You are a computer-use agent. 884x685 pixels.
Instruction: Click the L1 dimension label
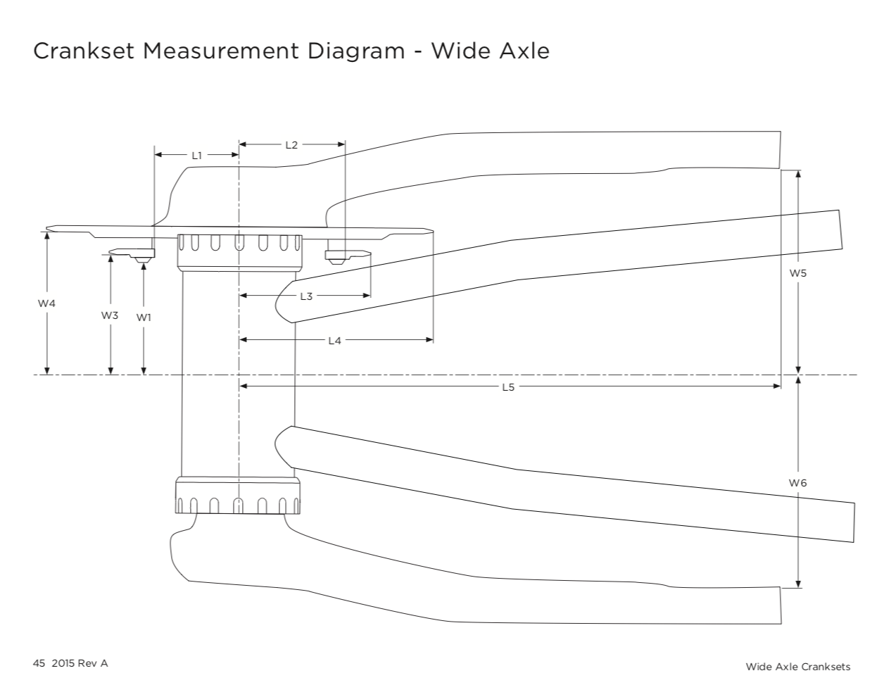[197, 155]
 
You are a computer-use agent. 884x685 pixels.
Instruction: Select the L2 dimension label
[291, 144]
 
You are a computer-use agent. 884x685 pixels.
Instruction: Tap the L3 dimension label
[306, 296]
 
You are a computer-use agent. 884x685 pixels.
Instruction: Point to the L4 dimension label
[334, 341]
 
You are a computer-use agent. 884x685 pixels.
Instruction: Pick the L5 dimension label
[508, 387]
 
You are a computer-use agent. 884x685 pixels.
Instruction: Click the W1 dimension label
[144, 318]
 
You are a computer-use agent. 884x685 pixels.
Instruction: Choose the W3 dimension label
[109, 315]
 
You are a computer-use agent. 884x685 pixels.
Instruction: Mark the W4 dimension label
[46, 303]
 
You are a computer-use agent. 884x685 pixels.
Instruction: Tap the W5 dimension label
[797, 272]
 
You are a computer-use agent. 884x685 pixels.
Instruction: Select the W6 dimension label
[797, 482]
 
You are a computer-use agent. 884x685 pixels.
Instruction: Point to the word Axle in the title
[523, 51]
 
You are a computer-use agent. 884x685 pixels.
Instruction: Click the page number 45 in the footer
[39, 663]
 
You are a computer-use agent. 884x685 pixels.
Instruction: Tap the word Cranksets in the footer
[824, 666]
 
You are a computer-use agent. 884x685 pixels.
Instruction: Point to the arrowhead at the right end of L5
[777, 386]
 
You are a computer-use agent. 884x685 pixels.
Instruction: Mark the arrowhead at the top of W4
[46, 237]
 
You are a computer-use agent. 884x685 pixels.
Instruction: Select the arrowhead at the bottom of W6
[797, 583]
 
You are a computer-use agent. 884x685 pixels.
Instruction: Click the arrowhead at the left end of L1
[158, 154]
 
